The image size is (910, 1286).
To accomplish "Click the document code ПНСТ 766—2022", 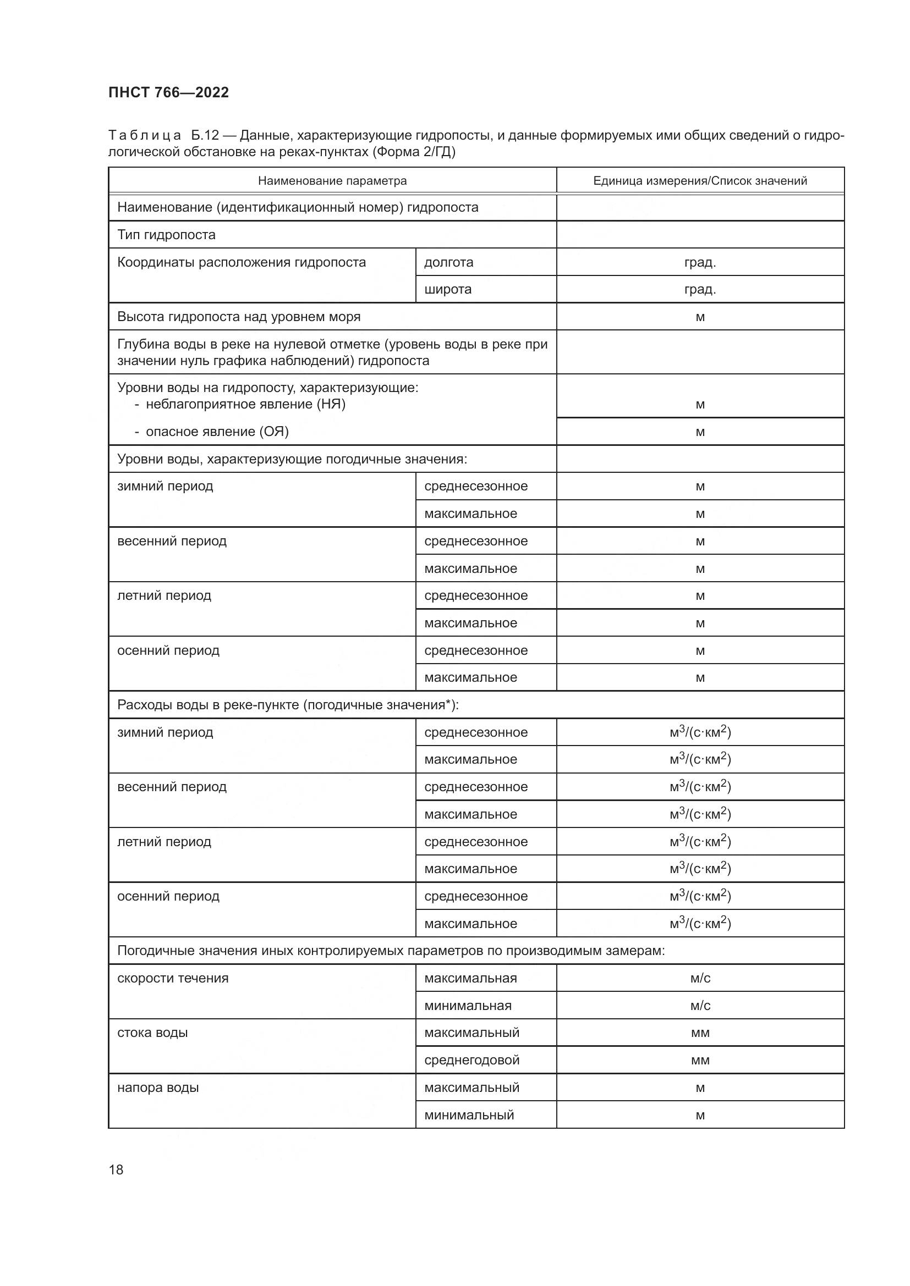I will click(169, 92).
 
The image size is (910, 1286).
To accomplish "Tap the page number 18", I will click(116, 1169).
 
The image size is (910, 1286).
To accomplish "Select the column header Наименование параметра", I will click(332, 181).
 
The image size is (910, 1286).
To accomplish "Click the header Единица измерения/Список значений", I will click(700, 181).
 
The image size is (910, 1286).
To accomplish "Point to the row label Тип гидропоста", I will click(166, 235).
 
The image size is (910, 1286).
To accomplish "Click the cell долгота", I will click(449, 262).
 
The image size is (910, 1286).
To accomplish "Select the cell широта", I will click(448, 290).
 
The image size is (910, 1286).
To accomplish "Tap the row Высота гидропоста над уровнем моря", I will click(239, 317).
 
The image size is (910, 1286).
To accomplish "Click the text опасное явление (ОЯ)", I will click(217, 432).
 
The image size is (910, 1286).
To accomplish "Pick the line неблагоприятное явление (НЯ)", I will click(245, 405).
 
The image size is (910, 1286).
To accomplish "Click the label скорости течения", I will click(173, 979).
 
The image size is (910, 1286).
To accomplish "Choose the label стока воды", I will click(152, 1033).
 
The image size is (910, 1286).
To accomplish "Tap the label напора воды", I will click(158, 1088).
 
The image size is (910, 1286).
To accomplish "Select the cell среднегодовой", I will click(472, 1060).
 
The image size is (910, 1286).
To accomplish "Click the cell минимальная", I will click(468, 1006).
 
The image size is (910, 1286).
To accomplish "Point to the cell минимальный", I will click(469, 1115).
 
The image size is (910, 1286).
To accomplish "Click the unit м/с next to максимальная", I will click(700, 979).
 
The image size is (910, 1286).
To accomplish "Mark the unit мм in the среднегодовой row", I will click(700, 1060).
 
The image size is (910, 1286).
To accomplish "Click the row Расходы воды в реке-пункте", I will click(287, 705).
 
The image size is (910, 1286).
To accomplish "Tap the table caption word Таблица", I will click(145, 136).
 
